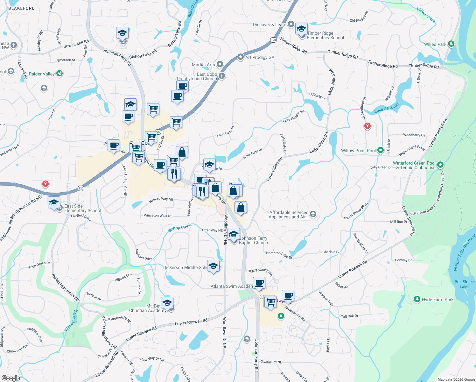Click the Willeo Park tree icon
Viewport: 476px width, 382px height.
[x=451, y=44]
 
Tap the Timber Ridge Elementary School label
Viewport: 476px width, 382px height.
[x=325, y=35]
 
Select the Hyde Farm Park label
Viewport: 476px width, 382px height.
[x=437, y=300]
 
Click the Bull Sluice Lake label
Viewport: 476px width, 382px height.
[x=464, y=284]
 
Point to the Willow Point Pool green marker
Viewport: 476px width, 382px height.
[x=381, y=151]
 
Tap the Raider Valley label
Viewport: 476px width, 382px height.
[x=42, y=74]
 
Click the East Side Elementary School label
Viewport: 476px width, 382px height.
[x=82, y=208]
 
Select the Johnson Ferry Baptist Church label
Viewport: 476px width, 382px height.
[x=253, y=240]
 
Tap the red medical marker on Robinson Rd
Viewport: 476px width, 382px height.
[x=45, y=184]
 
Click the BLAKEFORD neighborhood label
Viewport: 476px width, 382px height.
[x=21, y=8]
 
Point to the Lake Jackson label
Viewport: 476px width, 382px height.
[x=387, y=108]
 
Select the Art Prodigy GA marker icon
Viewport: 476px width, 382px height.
[x=241, y=57]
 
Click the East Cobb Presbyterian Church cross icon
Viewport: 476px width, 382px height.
[x=222, y=76]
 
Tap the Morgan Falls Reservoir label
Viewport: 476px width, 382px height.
[x=464, y=252]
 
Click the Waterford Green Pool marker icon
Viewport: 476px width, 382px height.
[x=440, y=165]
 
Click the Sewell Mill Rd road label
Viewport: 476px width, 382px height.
[x=76, y=44]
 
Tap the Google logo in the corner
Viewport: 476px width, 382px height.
[x=10, y=378]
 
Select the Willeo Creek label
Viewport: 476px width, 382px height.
[x=426, y=15]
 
